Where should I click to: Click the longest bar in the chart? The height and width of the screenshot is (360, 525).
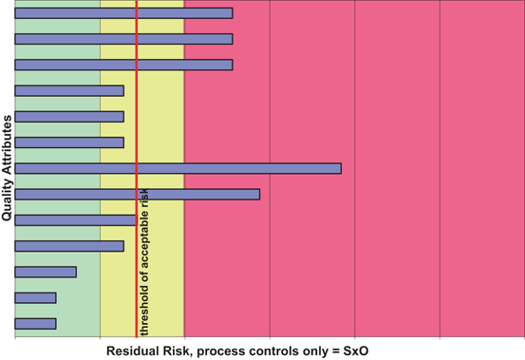pos(178,168)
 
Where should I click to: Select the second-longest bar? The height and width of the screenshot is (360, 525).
pos(137,194)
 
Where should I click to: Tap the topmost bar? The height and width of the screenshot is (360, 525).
pos(123,13)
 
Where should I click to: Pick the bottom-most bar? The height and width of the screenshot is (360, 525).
pos(35,323)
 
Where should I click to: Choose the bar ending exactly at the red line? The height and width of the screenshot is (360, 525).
pos(75,219)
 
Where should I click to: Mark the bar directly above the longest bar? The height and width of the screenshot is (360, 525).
pos(69,142)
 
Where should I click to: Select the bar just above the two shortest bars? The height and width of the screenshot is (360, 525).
pos(46,272)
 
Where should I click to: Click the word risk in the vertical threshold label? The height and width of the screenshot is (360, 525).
pos(144,196)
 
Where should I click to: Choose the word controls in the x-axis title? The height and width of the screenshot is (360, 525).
pos(290,350)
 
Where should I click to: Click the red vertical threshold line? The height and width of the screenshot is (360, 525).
pos(137,95)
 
